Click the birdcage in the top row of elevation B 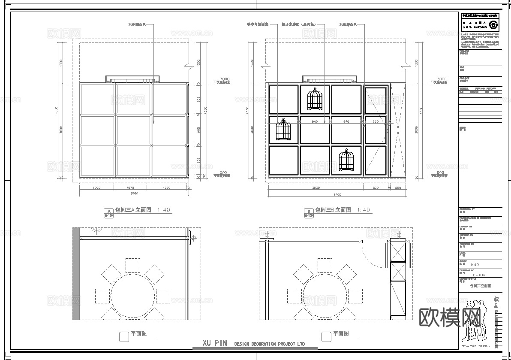(x=315, y=99)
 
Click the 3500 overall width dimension (x=134, y=194)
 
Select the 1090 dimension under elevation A (x=96, y=188)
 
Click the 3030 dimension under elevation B (x=316, y=188)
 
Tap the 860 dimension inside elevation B (x=376, y=122)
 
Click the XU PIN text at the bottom (x=215, y=343)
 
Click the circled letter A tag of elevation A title (x=108, y=211)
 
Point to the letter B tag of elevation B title (x=308, y=211)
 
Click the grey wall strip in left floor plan (x=76, y=273)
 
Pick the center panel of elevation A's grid (x=133, y=130)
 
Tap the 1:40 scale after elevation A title (x=164, y=210)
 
